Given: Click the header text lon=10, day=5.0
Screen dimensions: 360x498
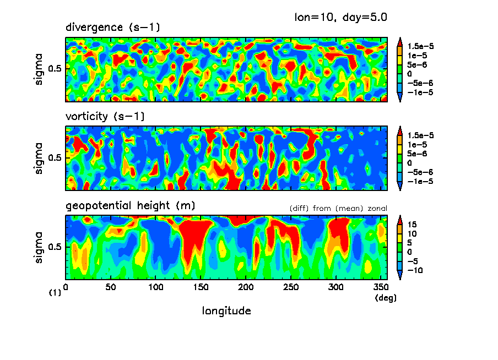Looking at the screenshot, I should [341, 17].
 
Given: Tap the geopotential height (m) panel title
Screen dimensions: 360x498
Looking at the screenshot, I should [130, 206].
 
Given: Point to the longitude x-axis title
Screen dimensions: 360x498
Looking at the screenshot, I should [226, 311].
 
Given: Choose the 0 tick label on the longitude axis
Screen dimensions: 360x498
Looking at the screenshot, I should [66, 287].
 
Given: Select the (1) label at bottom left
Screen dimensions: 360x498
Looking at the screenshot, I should [55, 293].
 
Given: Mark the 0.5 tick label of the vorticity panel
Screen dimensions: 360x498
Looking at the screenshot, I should [56, 158].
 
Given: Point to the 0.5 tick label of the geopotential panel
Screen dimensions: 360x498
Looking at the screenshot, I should [56, 247].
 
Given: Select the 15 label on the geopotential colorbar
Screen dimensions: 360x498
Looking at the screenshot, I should [413, 224].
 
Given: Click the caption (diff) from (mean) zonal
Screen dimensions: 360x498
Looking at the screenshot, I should [338, 208].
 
